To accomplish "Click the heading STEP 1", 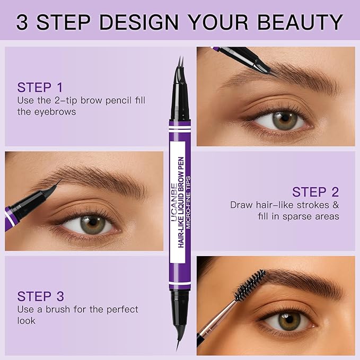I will (x=40, y=87).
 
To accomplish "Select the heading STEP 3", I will (x=41, y=296).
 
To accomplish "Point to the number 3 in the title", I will (x=22, y=22).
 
